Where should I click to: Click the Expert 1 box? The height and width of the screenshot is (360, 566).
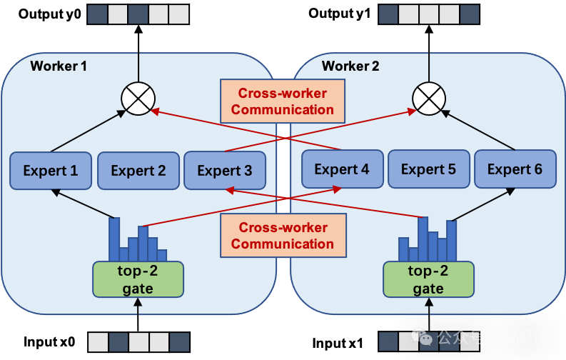click(51, 171)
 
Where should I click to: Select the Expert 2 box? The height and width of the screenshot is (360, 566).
click(138, 171)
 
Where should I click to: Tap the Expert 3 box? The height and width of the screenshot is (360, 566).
click(225, 171)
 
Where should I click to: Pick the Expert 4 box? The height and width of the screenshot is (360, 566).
click(342, 169)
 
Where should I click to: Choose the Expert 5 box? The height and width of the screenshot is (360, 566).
click(428, 169)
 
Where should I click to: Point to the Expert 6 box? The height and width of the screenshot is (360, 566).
click(515, 169)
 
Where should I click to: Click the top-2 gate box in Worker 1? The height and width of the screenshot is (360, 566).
click(138, 279)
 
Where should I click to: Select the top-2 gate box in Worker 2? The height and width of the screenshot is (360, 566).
click(428, 279)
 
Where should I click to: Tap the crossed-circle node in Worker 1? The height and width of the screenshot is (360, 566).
click(138, 98)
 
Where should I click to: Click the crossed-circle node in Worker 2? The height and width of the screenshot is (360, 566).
click(429, 98)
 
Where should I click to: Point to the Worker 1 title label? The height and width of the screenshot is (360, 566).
click(59, 66)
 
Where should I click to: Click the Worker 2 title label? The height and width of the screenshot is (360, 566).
click(350, 66)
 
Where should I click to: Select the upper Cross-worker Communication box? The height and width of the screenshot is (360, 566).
click(283, 101)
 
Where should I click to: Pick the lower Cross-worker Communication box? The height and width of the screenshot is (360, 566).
click(283, 236)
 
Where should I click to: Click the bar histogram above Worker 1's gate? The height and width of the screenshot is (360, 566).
click(138, 241)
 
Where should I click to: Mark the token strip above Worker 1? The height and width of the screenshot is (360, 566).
click(138, 14)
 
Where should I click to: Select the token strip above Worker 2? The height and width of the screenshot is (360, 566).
click(429, 14)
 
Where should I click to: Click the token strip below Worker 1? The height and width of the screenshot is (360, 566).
click(138, 341)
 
